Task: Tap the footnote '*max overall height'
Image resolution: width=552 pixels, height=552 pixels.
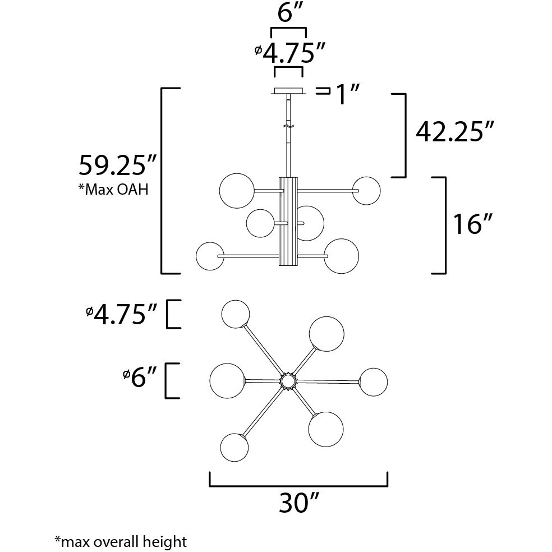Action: click(120, 541)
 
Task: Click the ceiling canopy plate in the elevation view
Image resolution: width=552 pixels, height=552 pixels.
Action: click(288, 91)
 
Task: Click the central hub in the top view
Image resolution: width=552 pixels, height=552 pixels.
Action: click(288, 381)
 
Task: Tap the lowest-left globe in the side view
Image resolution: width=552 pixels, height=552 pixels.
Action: click(209, 256)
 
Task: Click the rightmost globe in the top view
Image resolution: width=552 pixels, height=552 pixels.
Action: click(373, 382)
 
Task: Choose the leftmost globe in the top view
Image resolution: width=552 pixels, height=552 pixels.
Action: click(227, 380)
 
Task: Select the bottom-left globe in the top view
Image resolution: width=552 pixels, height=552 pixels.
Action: click(234, 447)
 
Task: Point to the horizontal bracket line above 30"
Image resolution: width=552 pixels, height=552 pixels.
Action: click(298, 486)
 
